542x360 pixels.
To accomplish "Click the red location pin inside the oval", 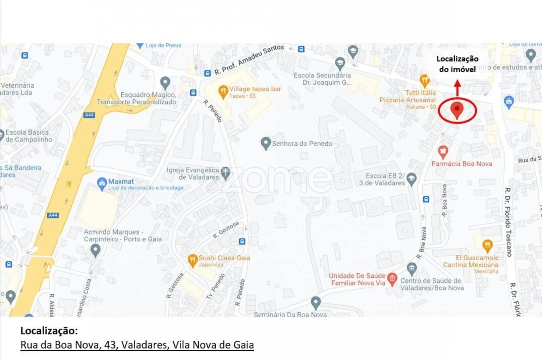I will tap(457, 109).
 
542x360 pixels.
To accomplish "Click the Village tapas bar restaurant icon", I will tap(223, 90).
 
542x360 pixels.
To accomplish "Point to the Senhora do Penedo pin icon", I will tap(266, 143).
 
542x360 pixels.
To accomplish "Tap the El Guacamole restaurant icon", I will tap(487, 245).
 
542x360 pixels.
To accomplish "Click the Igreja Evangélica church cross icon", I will tap(226, 173).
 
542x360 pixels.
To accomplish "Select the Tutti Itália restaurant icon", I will tap(425, 80).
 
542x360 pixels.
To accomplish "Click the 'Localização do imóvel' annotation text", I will tap(457, 64).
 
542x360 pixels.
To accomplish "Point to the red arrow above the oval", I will tap(457, 88).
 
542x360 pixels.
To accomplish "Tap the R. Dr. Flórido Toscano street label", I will tap(508, 222).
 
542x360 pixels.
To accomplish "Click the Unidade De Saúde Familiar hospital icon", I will tap(392, 279).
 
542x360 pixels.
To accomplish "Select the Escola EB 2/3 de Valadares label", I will tap(385, 180).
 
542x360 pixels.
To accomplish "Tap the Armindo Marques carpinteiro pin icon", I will tap(95, 250).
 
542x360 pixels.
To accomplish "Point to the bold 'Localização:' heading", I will tap(49, 331).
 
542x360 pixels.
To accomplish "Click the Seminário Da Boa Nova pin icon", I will tap(315, 302).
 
